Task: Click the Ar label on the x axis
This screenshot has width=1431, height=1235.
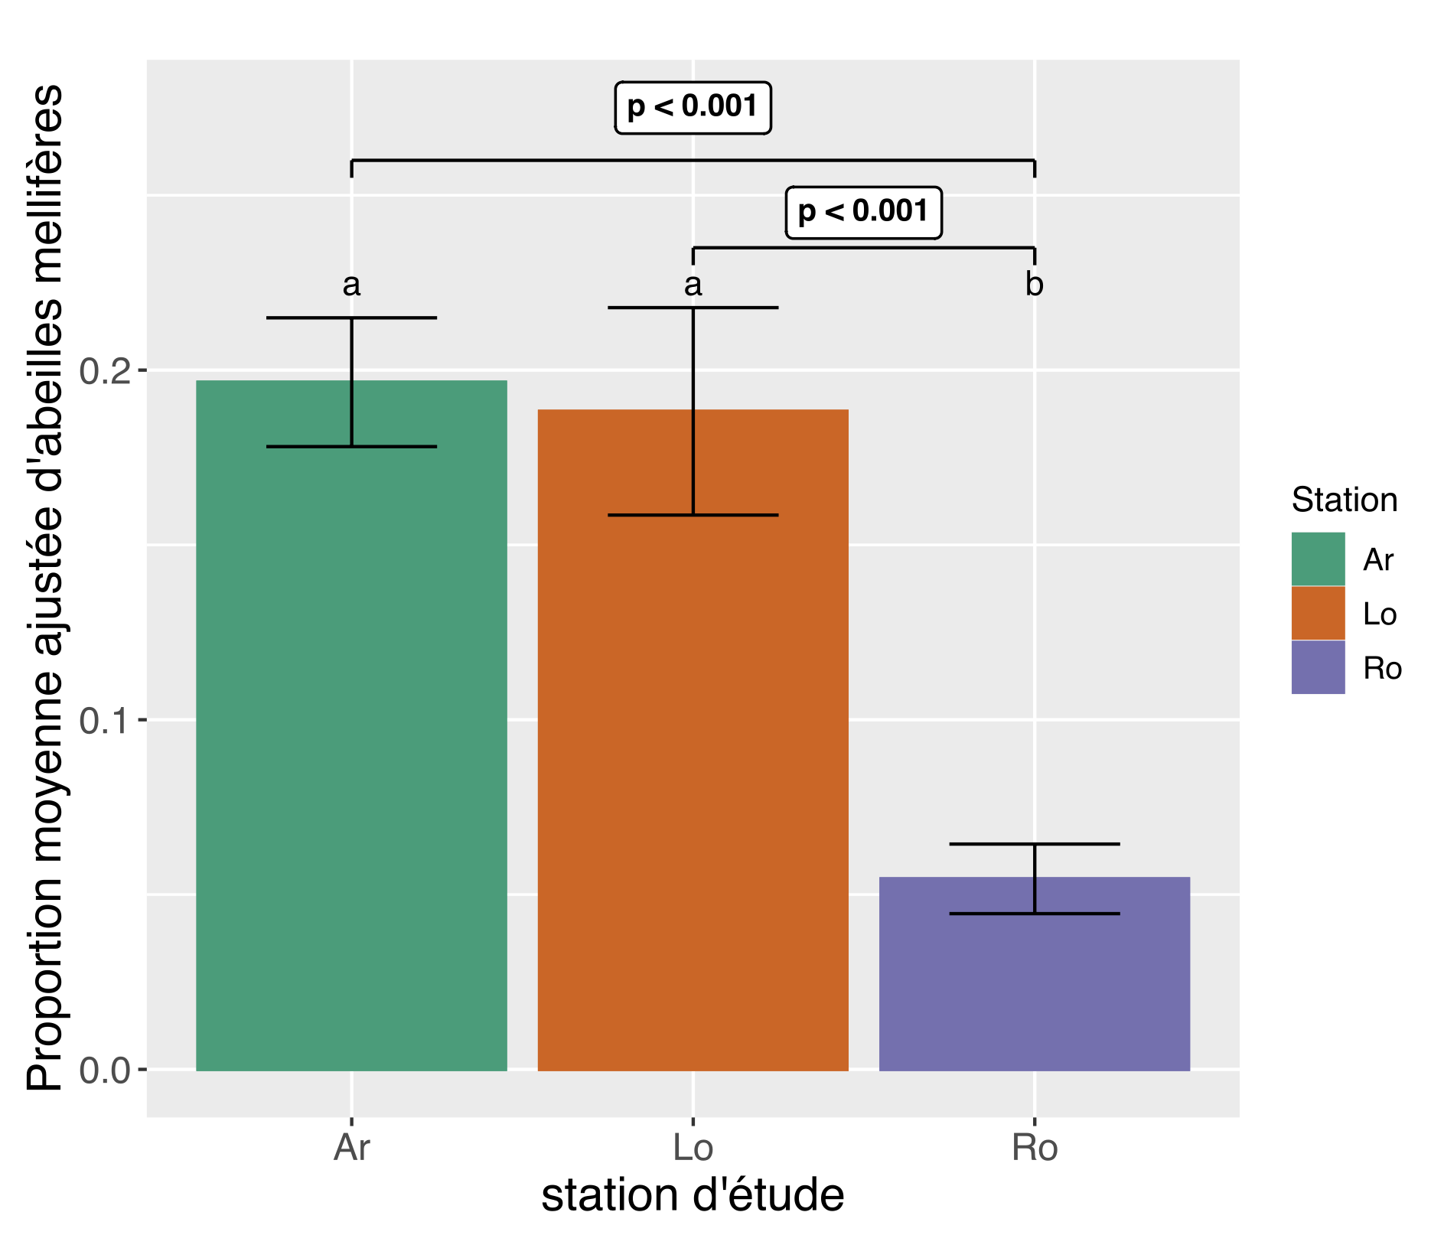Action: [351, 1148]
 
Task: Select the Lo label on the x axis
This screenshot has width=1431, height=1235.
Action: [693, 1148]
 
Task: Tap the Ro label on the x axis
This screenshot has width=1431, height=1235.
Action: [1034, 1148]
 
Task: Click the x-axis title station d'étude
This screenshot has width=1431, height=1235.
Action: [693, 1195]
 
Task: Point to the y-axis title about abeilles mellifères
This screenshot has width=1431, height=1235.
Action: [44, 587]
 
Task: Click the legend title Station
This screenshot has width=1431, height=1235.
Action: [1344, 500]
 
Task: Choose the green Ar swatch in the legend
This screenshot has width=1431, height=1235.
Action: [1318, 559]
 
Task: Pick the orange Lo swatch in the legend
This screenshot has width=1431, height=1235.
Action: [1318, 614]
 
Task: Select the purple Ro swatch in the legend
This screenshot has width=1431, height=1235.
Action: [1318, 667]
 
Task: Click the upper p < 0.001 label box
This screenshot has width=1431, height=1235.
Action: [693, 107]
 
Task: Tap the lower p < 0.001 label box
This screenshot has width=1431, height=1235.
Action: [863, 212]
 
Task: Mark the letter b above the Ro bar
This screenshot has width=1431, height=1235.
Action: [1034, 285]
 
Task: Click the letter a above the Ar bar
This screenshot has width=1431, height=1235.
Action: [351, 285]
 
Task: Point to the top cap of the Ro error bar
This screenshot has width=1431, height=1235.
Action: [1034, 844]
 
